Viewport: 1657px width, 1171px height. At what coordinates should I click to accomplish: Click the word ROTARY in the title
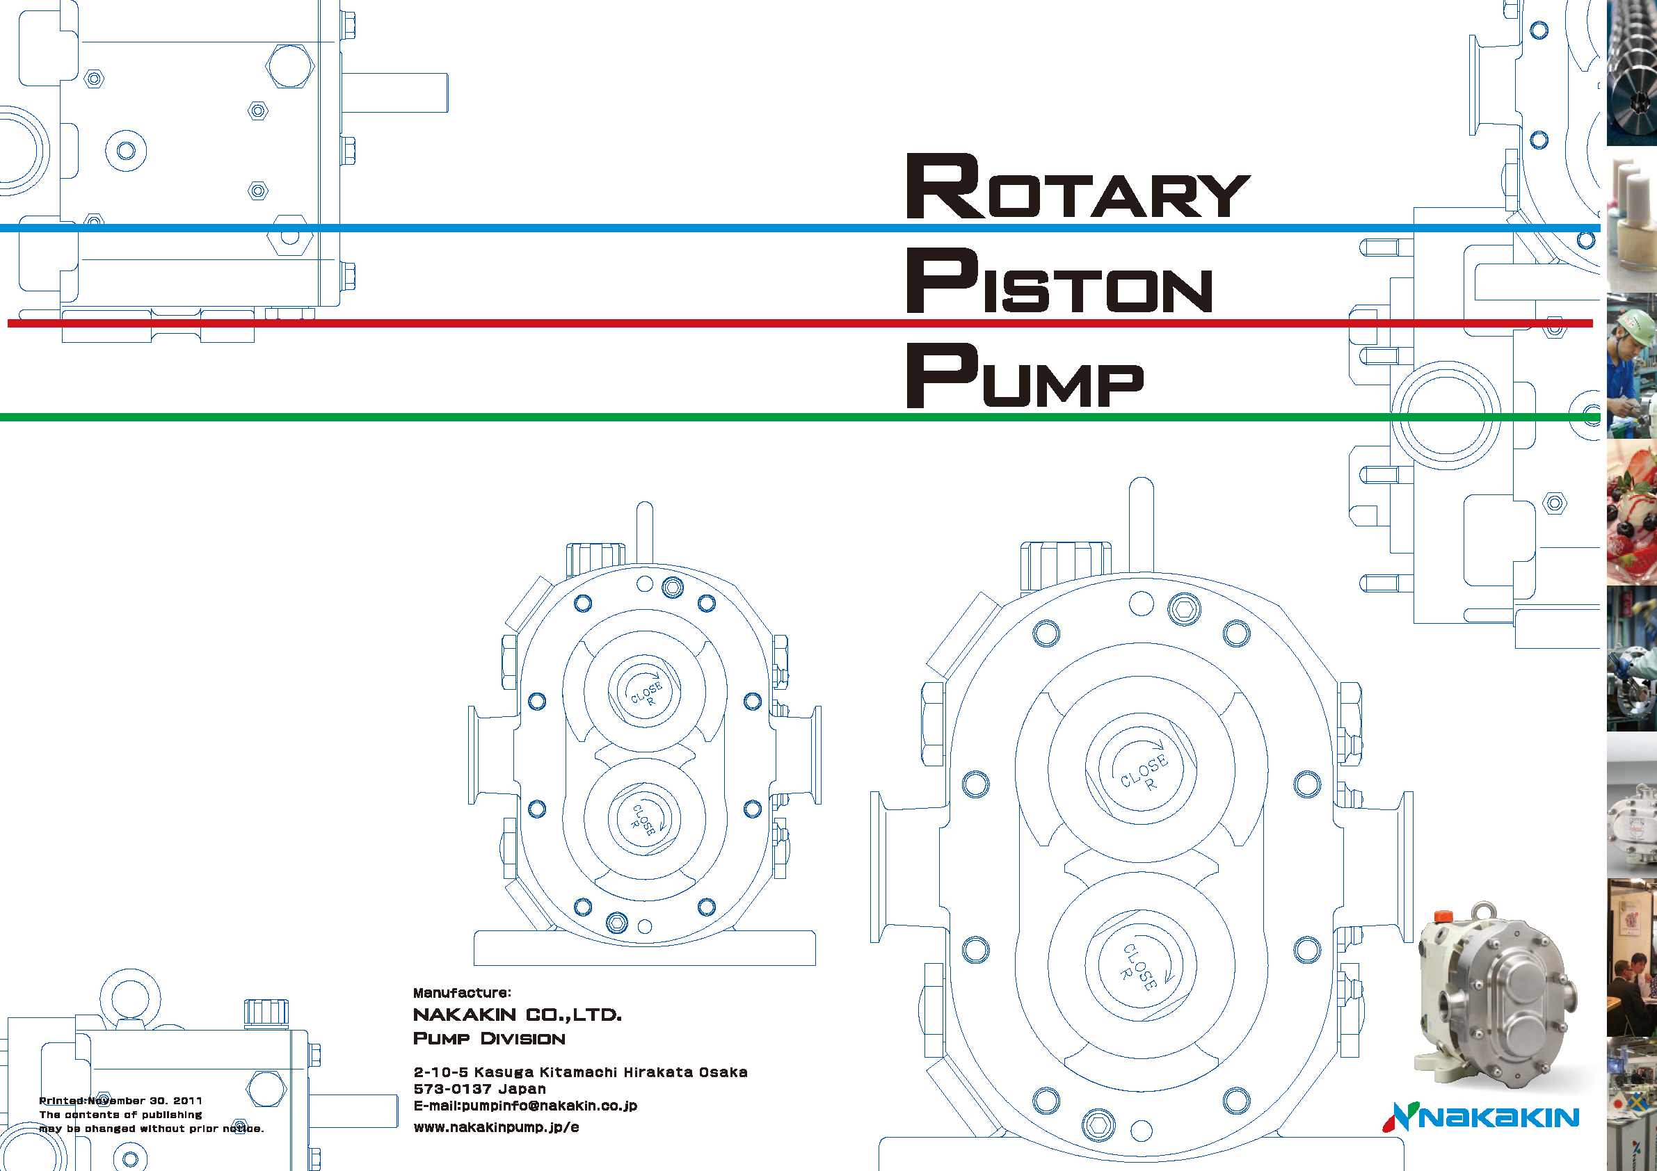1078,186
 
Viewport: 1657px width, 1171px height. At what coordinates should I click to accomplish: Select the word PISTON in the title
1059,282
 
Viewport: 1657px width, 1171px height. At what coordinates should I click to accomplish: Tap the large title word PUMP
1025,377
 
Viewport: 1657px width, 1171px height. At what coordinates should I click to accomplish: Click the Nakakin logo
1480,1117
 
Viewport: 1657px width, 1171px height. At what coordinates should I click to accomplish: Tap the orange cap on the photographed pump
1443,916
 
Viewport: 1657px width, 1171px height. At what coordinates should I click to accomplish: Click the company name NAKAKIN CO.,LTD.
517,1015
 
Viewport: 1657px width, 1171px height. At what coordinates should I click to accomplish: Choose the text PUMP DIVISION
488,1038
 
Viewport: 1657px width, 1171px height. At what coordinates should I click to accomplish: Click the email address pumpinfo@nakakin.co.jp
525,1106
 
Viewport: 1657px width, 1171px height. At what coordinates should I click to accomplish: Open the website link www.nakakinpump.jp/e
496,1127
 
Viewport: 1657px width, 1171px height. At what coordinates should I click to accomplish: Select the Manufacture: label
462,993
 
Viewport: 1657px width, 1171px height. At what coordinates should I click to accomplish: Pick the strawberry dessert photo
1632,512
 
